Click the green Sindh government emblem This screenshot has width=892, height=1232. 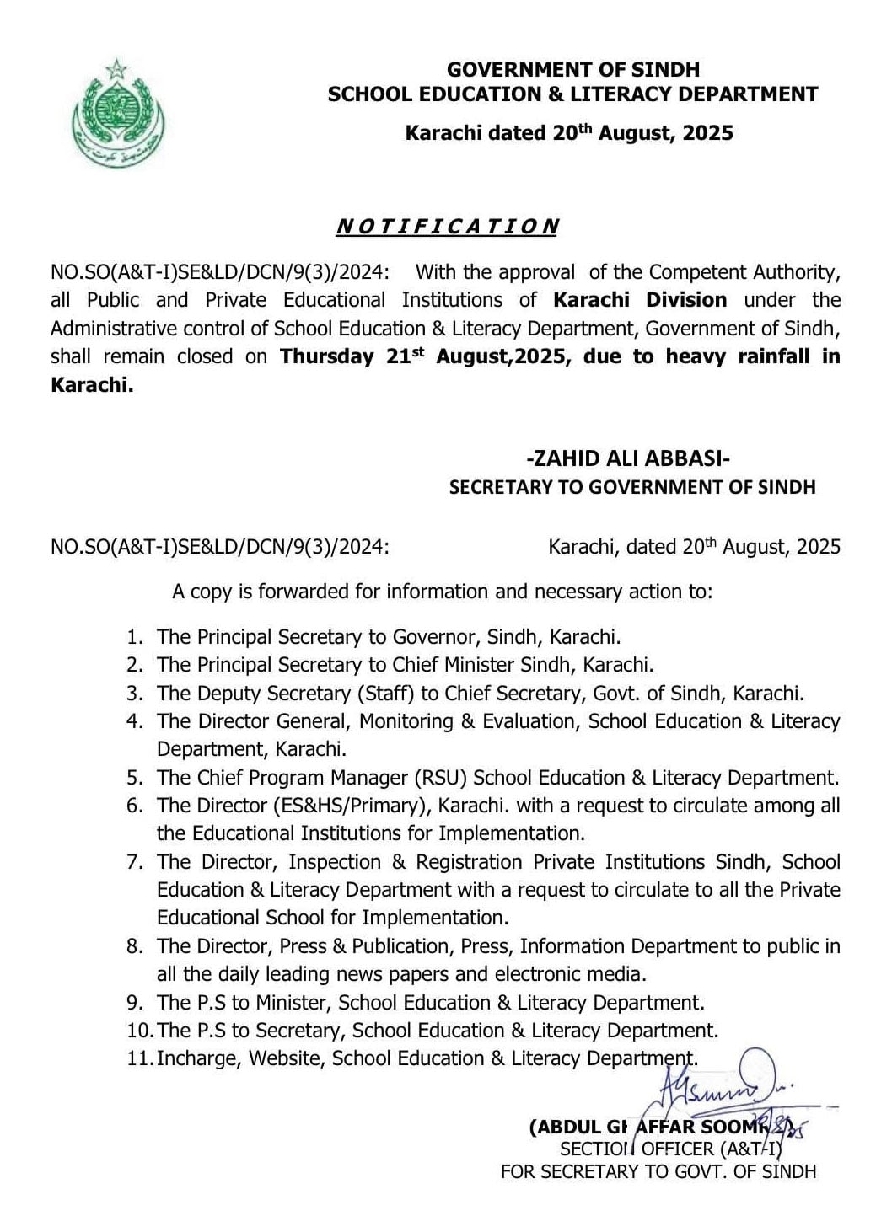point(119,110)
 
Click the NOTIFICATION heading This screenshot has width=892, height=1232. point(447,227)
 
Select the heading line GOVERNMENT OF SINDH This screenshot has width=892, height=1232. point(572,69)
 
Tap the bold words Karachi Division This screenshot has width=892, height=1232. point(640,300)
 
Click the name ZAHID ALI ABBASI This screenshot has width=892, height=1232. point(627,458)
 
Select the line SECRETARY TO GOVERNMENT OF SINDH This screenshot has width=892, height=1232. point(632,487)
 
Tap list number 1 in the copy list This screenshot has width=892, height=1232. point(135,637)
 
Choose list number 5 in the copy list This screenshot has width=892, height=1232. point(135,778)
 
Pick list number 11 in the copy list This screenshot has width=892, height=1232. point(139,1058)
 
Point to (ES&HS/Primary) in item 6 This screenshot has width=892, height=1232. point(352,806)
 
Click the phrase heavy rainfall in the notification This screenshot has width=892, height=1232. point(741,356)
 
